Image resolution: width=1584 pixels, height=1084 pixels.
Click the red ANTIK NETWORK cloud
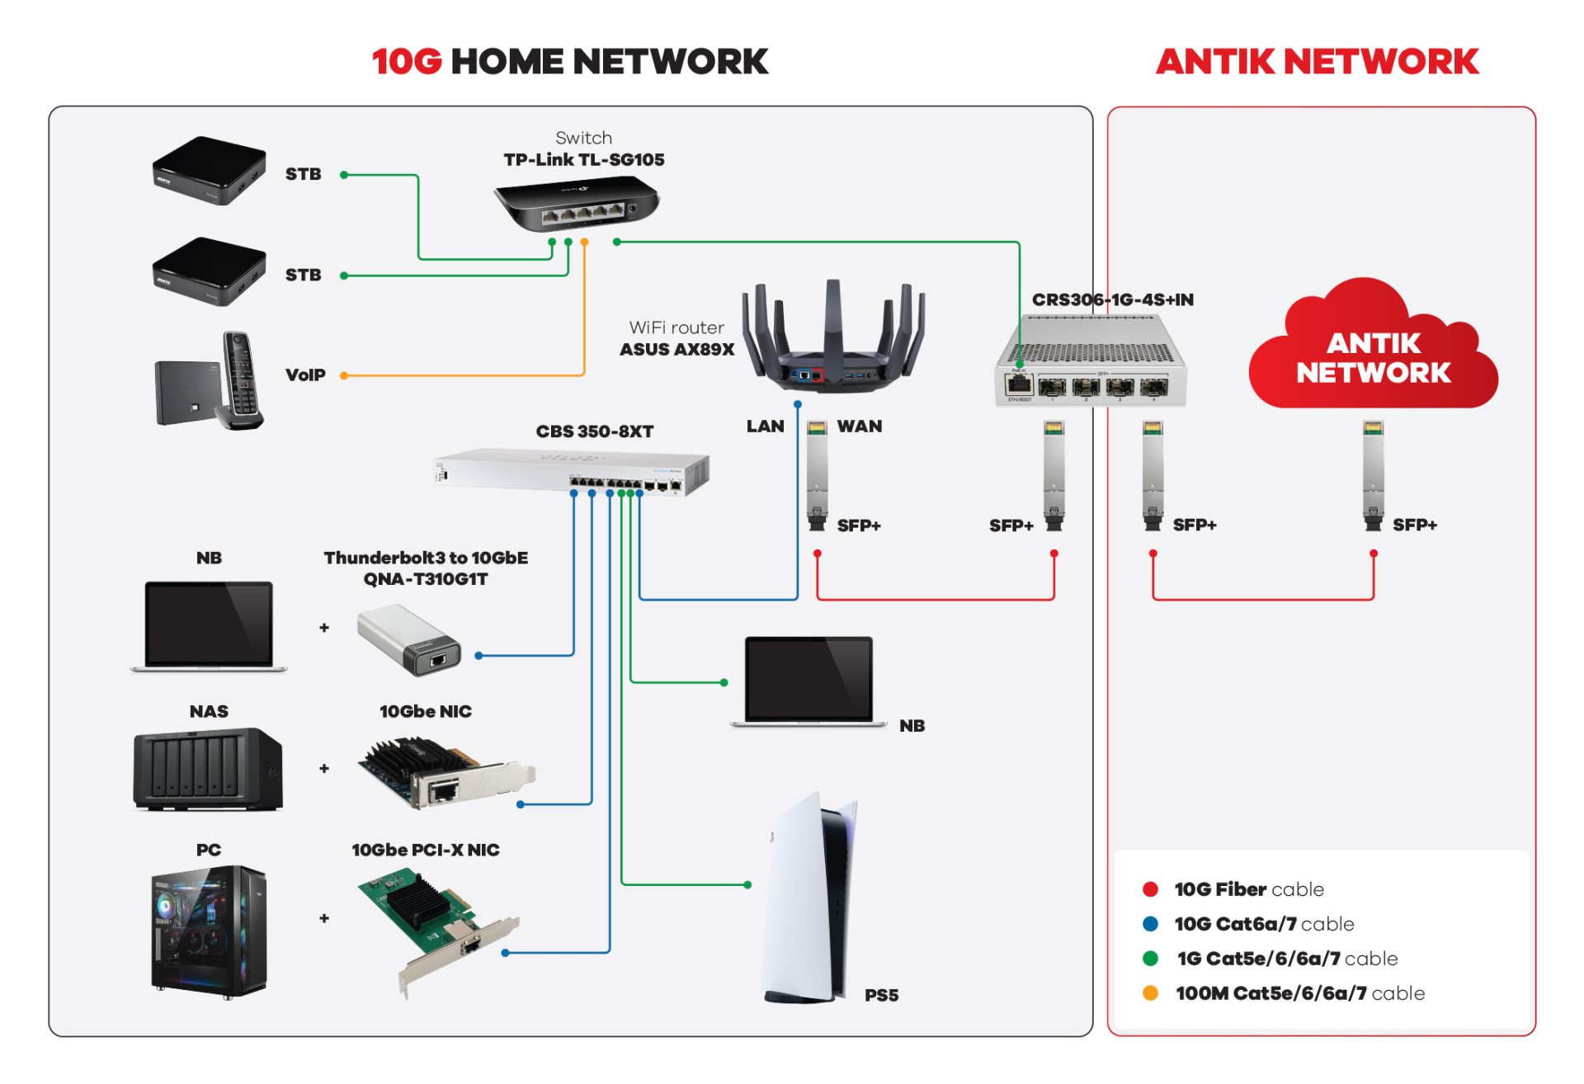click(x=1373, y=351)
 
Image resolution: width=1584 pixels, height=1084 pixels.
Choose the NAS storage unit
click(x=208, y=768)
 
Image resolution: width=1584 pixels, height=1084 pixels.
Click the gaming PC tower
click(x=209, y=931)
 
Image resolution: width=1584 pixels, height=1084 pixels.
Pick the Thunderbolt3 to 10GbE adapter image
click(x=409, y=639)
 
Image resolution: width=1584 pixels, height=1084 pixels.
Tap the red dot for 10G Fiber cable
click(x=1150, y=889)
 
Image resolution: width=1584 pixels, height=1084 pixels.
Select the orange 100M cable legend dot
click(x=1150, y=993)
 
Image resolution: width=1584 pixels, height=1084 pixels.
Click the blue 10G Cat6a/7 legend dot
click(x=1150, y=924)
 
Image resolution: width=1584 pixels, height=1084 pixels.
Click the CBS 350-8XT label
click(x=594, y=431)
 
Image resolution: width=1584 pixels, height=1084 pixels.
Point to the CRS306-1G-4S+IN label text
click(x=1112, y=299)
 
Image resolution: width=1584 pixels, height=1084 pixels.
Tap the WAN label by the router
click(x=859, y=427)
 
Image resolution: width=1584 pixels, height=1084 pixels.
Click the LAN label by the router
click(x=765, y=427)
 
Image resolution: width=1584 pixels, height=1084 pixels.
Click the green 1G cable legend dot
click(x=1150, y=959)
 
